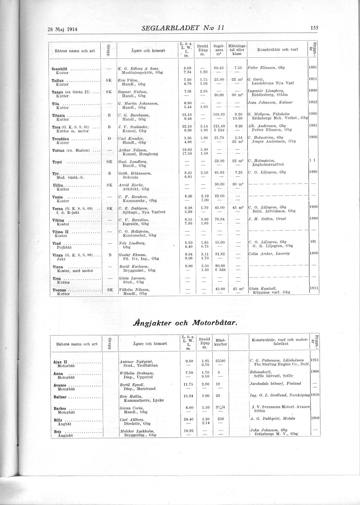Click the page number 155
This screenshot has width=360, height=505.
tap(314, 28)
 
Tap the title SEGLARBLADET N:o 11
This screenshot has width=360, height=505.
tap(183, 28)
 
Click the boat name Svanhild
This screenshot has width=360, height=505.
tap(60, 69)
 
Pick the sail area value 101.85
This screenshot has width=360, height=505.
tap(219, 114)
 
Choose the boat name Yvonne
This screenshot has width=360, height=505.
tap(60, 290)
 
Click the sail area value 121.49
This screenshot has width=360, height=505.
tap(219, 126)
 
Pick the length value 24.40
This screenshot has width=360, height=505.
tap(188, 419)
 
